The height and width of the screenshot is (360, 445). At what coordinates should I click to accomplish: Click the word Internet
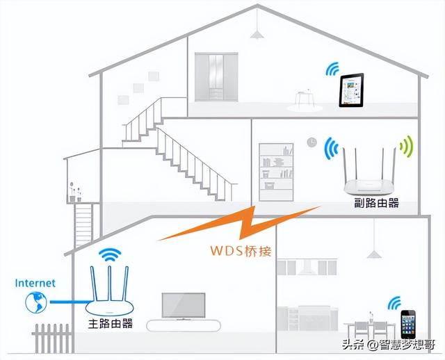pos(35,283)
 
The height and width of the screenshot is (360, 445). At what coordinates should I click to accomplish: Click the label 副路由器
pos(376,205)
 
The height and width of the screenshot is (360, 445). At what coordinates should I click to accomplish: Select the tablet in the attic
pos(351,92)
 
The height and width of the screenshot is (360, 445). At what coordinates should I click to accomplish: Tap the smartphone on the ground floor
pos(407,324)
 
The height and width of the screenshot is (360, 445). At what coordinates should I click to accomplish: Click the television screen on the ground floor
pos(183,305)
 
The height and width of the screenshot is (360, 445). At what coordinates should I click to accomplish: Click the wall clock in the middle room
pos(311,143)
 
